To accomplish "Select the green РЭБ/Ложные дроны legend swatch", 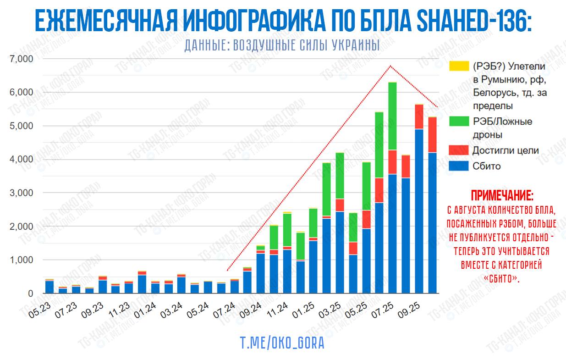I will [460, 122].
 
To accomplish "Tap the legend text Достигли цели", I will [506, 150].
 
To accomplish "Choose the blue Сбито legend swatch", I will [460, 166].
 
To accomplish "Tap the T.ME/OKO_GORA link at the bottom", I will [282, 343].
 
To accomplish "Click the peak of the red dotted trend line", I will [390, 66].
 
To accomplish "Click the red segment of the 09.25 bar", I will [419, 117].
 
